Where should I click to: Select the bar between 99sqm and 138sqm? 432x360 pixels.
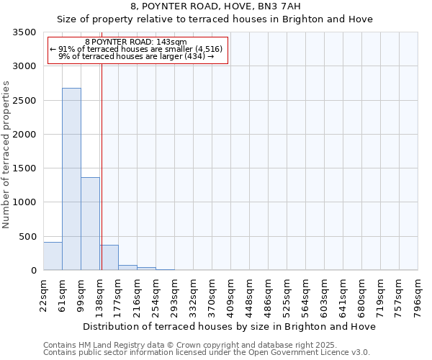point(90,223)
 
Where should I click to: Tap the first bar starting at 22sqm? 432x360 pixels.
point(53,256)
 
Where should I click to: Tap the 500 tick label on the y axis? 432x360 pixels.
point(27,236)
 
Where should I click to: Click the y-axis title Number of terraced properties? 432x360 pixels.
point(6,154)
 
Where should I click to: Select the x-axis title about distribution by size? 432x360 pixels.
point(230,326)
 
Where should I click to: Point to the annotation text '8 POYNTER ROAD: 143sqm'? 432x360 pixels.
point(136,42)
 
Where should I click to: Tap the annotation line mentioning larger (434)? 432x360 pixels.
point(136,56)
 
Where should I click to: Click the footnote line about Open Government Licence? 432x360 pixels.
point(207,353)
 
